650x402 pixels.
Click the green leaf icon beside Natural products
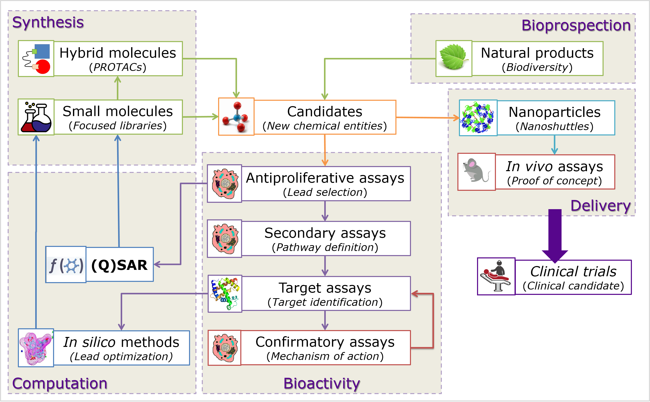point(454,58)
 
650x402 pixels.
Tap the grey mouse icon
point(476,171)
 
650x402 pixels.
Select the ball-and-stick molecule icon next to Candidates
point(236,117)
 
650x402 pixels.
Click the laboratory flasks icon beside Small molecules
point(36,117)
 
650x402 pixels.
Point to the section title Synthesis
point(48,22)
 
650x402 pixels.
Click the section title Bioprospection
point(576,26)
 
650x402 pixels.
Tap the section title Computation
point(59,383)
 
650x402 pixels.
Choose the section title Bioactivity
point(321,383)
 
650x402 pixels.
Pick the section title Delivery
point(600,206)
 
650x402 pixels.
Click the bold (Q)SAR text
point(119,265)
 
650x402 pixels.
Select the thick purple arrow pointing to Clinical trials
point(555,234)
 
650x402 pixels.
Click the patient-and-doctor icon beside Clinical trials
point(496,277)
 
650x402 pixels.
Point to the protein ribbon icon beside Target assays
point(225,294)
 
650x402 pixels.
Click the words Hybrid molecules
point(118,53)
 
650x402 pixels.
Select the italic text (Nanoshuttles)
point(554,127)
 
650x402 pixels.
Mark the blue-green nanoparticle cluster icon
point(478,118)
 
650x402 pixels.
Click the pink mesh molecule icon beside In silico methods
point(36,348)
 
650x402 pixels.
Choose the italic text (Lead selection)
point(324,192)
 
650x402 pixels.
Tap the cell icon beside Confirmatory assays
point(225,348)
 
